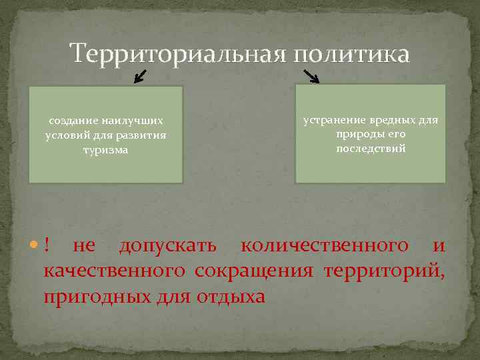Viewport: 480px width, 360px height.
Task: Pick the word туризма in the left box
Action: coord(106,150)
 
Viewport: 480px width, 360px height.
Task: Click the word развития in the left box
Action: coord(143,135)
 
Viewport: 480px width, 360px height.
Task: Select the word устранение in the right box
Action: coord(335,119)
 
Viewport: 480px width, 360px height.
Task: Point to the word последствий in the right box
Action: coord(371,149)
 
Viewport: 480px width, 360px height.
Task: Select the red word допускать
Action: coord(167,246)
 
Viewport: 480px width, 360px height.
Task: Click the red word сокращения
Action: coord(254,271)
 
